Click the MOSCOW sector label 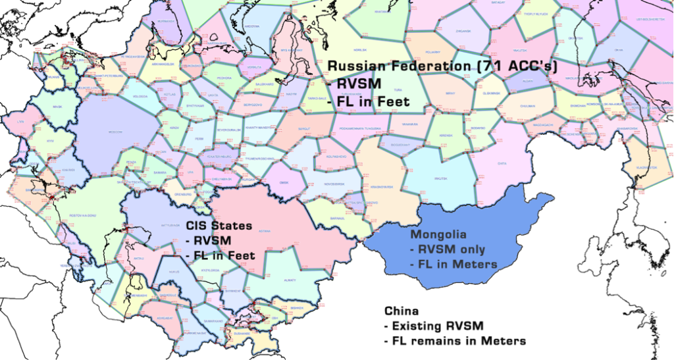click(115, 132)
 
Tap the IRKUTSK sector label click(440, 178)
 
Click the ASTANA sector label click(265, 231)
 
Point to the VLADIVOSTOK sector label click(647, 168)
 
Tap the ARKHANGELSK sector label click(161, 64)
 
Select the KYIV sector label click(50, 140)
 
